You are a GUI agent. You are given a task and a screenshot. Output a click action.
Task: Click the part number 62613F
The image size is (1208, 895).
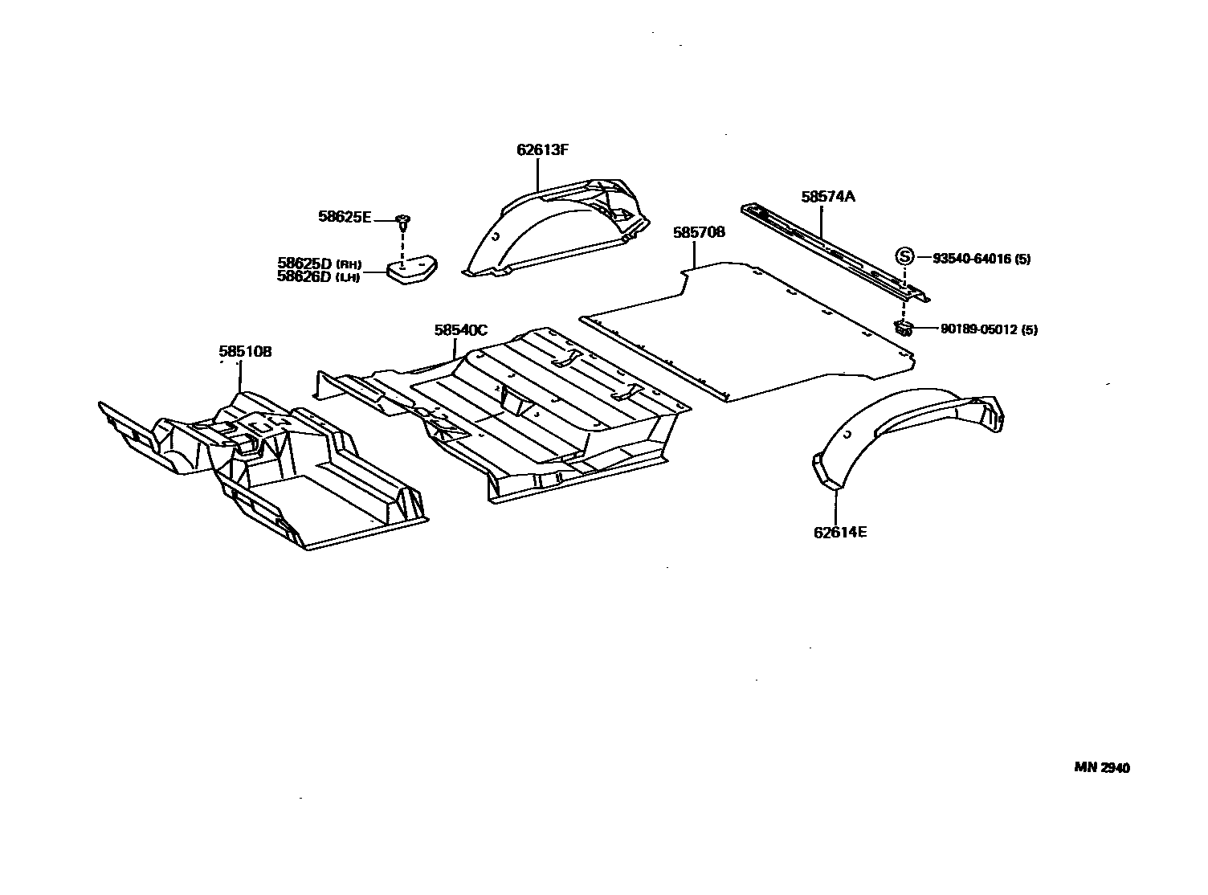pos(543,149)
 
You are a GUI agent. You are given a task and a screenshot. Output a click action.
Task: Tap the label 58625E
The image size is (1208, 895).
pos(345,216)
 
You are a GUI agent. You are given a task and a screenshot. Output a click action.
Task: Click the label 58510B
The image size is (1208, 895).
pos(245,351)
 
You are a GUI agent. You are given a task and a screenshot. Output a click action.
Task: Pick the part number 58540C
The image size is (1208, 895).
pos(461,329)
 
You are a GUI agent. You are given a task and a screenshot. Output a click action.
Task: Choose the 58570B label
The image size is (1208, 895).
pos(699,232)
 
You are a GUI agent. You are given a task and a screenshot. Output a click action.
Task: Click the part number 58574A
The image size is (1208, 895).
pos(828,196)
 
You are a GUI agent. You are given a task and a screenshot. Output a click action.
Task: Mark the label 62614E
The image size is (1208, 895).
pos(840,532)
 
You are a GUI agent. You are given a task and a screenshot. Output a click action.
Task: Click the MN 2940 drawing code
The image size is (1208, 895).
pos(1102,768)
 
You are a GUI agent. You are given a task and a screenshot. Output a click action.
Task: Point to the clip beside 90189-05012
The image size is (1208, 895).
pos(904,326)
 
